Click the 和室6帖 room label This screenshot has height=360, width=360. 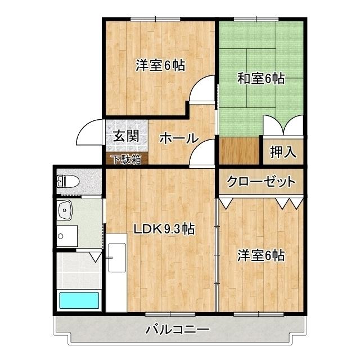[x=260, y=79]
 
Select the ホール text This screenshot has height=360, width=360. [x=178, y=138]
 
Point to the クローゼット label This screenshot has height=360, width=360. [x=261, y=182]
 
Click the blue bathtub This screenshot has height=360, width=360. [x=79, y=300]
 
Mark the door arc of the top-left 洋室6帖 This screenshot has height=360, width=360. [x=200, y=91]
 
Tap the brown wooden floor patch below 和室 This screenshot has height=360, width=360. [x=238, y=151]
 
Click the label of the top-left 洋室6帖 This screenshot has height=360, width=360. [x=160, y=65]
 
